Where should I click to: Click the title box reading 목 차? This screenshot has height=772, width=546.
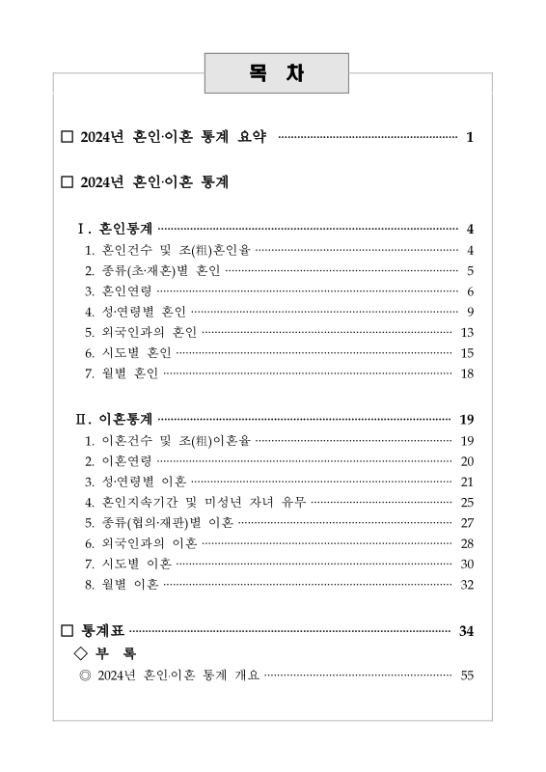pyautogui.click(x=276, y=74)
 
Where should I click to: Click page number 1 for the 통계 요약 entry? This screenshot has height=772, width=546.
pyautogui.click(x=469, y=137)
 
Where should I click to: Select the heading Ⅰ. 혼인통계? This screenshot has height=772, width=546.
pyautogui.click(x=116, y=229)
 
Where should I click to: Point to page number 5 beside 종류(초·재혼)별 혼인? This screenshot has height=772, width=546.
pyautogui.click(x=469, y=270)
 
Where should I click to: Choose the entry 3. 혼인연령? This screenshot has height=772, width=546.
pyautogui.click(x=120, y=290)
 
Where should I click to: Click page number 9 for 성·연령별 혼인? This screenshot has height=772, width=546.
pyautogui.click(x=469, y=311)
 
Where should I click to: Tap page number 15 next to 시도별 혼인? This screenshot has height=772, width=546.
pyautogui.click(x=467, y=352)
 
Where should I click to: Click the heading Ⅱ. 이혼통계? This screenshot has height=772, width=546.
pyautogui.click(x=116, y=419)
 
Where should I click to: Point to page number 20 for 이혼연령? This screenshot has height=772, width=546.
pyautogui.click(x=467, y=460)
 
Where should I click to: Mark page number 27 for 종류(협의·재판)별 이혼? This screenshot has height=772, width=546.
pyautogui.click(x=467, y=522)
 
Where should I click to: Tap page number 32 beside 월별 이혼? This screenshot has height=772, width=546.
pyautogui.click(x=467, y=584)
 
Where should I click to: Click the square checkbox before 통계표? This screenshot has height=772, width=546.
pyautogui.click(x=67, y=632)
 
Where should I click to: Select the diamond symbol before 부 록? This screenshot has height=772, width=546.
pyautogui.click(x=81, y=653)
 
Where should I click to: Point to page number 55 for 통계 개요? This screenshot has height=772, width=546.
pyautogui.click(x=467, y=675)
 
